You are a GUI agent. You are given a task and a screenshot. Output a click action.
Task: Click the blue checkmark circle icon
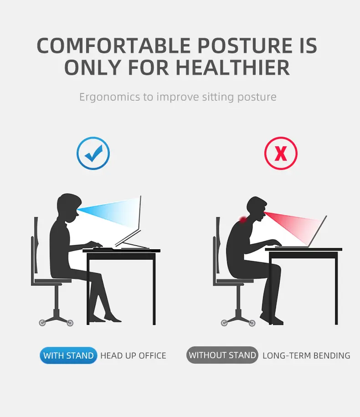(x=93, y=154)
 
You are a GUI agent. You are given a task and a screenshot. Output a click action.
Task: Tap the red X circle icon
(x=281, y=154)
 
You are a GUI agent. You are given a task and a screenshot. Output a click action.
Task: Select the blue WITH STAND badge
(x=68, y=355)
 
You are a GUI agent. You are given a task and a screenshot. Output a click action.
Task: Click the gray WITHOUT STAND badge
(x=222, y=355)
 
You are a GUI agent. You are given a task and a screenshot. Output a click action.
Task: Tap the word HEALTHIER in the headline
(x=232, y=67)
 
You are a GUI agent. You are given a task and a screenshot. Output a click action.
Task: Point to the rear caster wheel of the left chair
(x=42, y=323)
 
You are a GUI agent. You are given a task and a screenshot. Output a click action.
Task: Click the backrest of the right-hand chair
(x=218, y=248)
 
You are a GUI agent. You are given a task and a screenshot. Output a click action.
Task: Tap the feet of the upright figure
(x=112, y=318)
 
